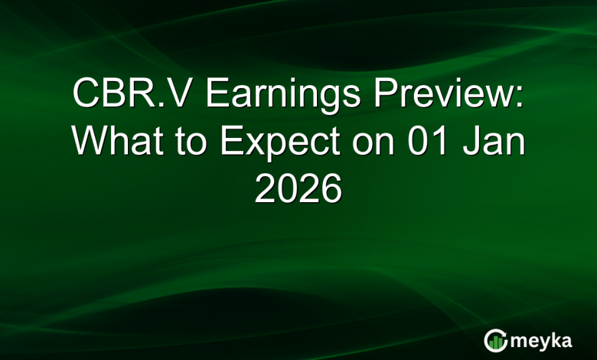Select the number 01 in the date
click(x=413, y=142)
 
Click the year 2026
click(x=298, y=189)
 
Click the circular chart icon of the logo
click(x=495, y=339)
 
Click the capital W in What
click(x=90, y=142)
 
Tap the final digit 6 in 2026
click(x=331, y=189)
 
